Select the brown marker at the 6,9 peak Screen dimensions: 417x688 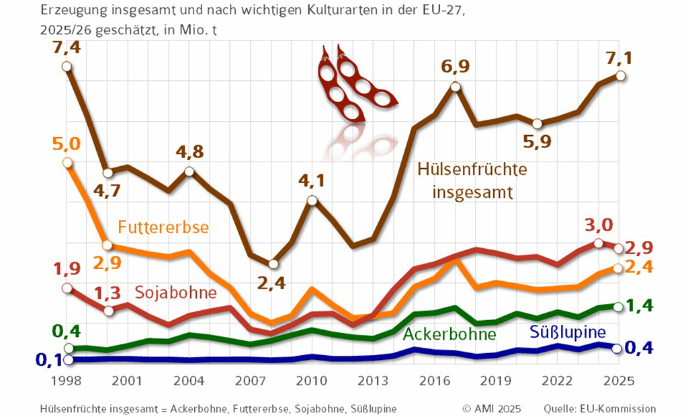pyautogui.click(x=456, y=87)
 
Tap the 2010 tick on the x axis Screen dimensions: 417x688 pyautogui.click(x=312, y=381)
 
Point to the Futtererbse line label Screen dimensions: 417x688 pyautogui.click(x=163, y=227)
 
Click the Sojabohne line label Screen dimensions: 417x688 pyautogui.click(x=175, y=293)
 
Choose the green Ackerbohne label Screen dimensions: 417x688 pyautogui.click(x=449, y=334)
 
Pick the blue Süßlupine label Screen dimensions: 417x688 pyautogui.click(x=568, y=332)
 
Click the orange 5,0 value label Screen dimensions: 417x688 pyautogui.click(x=66, y=143)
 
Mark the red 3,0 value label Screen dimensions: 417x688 pyautogui.click(x=599, y=225)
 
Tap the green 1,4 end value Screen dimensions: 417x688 pyautogui.click(x=640, y=306)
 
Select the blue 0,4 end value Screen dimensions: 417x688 pyautogui.click(x=640, y=348)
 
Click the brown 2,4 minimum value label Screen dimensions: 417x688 pyautogui.click(x=271, y=283)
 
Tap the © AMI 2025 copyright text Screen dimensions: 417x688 pyautogui.click(x=492, y=408)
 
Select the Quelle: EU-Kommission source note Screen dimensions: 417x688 pyautogui.click(x=601, y=408)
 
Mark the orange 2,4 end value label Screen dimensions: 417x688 pyautogui.click(x=641, y=267)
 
